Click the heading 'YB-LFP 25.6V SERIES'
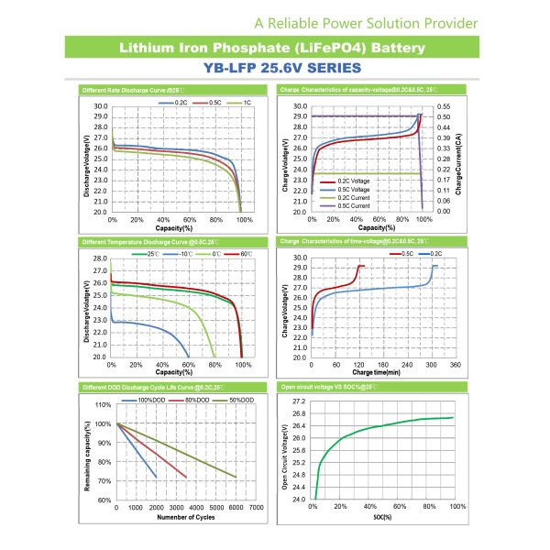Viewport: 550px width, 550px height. (274, 68)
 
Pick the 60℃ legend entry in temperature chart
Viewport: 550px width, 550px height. (242, 252)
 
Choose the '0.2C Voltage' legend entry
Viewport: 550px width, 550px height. (345, 181)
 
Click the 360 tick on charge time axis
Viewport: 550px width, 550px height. (454, 364)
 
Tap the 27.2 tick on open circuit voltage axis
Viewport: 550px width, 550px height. (297, 401)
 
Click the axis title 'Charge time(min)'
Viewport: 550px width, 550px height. (375, 372)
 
